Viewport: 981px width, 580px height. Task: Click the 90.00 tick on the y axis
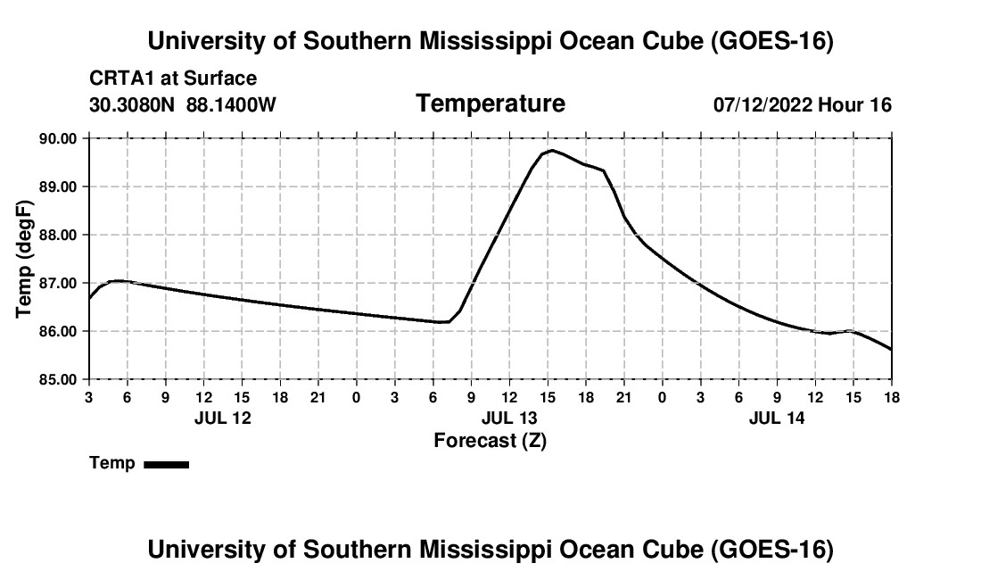coord(58,138)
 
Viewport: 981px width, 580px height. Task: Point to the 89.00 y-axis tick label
coord(58,186)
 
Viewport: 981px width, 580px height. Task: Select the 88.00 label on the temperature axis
coord(58,235)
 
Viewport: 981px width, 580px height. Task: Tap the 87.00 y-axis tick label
coord(58,283)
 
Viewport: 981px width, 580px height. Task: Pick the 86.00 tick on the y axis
coord(58,331)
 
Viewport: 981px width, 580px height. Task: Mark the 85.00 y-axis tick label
coord(58,379)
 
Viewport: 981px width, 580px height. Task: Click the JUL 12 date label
coord(223,418)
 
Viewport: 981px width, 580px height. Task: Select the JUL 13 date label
coord(509,418)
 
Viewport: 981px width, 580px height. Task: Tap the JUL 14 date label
coord(777,418)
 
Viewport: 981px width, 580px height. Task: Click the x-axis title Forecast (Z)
coord(490,441)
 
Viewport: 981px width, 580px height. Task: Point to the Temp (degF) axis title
coord(24,259)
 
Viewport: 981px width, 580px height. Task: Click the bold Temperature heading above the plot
coord(490,104)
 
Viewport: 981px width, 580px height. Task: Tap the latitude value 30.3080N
coord(132,104)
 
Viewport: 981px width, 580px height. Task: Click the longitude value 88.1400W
coord(231,104)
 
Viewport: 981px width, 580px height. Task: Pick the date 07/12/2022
coord(763,104)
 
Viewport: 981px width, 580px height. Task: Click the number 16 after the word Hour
coord(880,104)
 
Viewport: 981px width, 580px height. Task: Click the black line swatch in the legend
coord(167,464)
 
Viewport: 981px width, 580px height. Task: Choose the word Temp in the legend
coord(112,463)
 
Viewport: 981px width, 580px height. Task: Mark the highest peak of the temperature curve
coord(552,150)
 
